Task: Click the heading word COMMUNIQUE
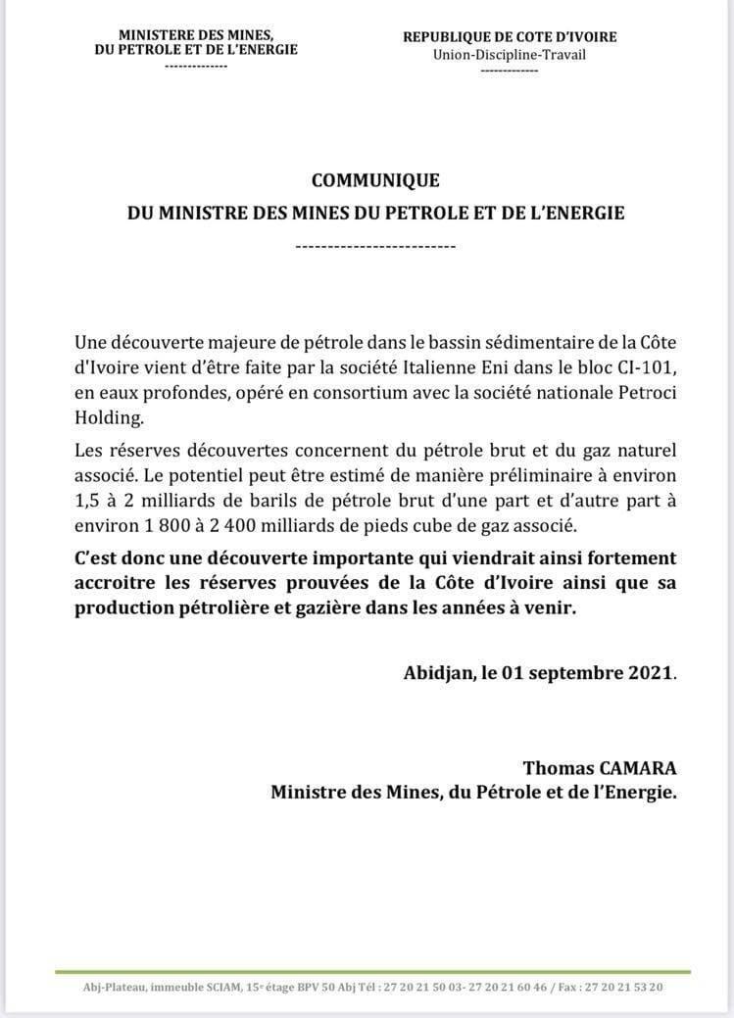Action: (x=375, y=180)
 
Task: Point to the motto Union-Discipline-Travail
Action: (x=510, y=54)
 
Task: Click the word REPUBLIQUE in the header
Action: (x=450, y=37)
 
